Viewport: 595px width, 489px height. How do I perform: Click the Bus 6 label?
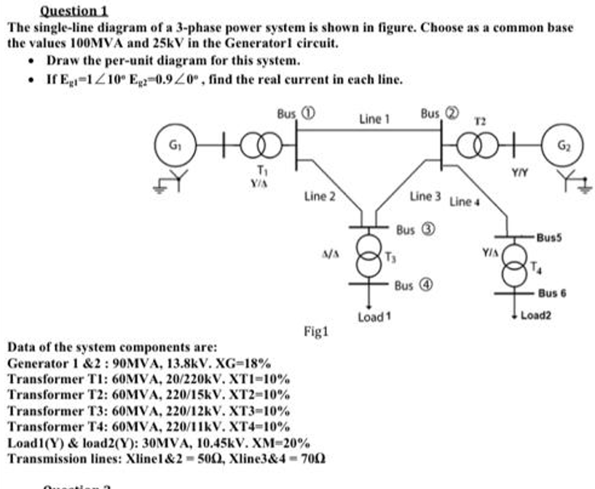point(553,293)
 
